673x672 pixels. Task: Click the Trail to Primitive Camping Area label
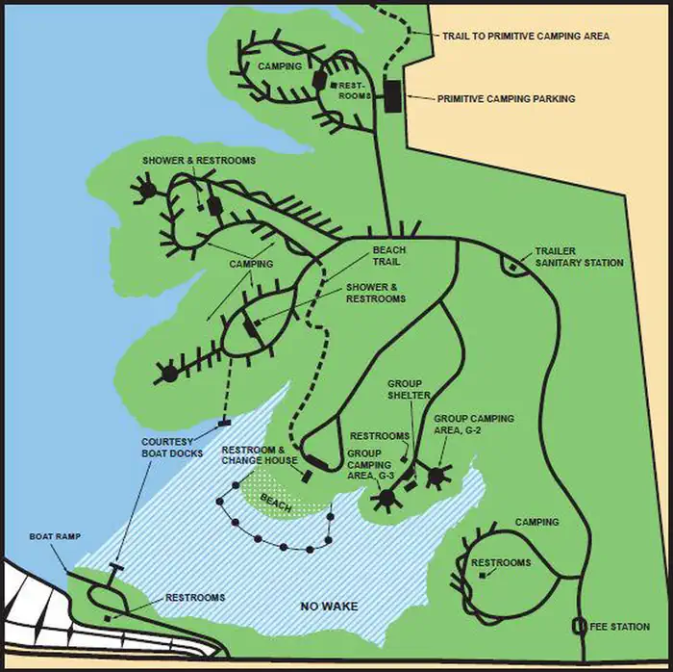point(525,37)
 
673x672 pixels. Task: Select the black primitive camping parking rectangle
point(392,97)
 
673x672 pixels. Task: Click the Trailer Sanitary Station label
point(579,256)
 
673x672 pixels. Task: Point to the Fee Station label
point(622,627)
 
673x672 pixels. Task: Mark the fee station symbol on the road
point(580,626)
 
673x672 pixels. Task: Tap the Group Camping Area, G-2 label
point(473,425)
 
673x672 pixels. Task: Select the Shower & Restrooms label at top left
point(199,161)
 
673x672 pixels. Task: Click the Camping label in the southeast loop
point(536,523)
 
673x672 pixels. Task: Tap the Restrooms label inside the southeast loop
point(500,563)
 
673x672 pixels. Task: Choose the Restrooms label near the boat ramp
point(195,598)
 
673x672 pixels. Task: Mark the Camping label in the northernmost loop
point(280,66)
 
